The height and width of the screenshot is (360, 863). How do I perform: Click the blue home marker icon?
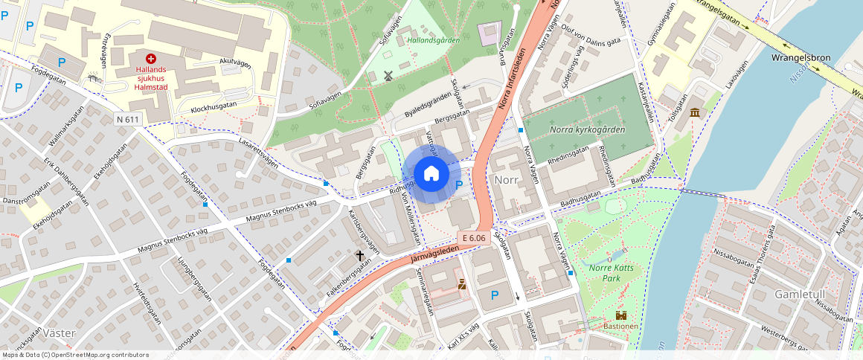(x=431, y=174)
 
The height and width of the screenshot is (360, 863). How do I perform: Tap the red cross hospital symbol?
(x=151, y=58)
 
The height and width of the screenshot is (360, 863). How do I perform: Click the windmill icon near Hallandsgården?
(x=387, y=76)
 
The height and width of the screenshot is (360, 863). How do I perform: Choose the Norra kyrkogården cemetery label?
(x=587, y=129)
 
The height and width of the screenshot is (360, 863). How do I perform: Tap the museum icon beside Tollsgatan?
(x=695, y=112)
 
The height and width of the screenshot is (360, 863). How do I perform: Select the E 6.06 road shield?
(x=473, y=238)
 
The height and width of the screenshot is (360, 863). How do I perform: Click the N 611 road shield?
(x=128, y=119)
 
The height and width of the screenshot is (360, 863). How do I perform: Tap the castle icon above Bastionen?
(x=620, y=315)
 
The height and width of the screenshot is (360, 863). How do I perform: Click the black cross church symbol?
(x=361, y=255)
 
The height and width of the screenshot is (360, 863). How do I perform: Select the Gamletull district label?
(x=800, y=295)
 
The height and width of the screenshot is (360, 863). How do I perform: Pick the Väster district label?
(x=60, y=332)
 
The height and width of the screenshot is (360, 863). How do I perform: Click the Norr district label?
(x=506, y=180)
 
